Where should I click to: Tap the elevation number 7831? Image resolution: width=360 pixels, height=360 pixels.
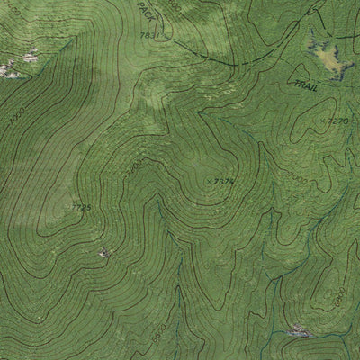[x=151, y=35]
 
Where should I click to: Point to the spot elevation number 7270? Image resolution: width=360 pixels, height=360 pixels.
[x=337, y=120]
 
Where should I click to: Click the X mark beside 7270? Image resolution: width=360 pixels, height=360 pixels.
[x=323, y=118]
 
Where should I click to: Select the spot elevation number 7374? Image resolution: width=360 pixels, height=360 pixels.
[x=225, y=181]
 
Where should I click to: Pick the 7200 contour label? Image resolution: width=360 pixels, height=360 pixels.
[x=132, y=168]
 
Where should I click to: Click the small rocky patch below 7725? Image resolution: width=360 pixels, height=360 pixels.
[x=105, y=253]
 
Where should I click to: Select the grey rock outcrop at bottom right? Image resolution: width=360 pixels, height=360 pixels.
[x=301, y=333]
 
